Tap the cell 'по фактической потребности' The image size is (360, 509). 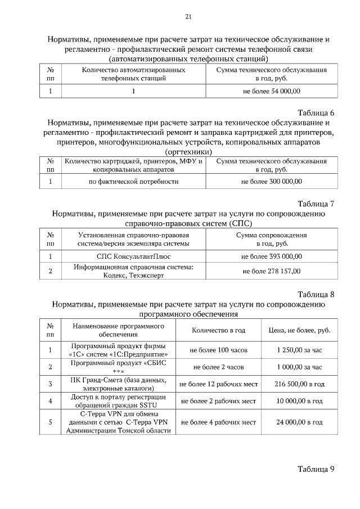pyautogui.click(x=134, y=182)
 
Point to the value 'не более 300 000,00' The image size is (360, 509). pyautogui.click(x=272, y=182)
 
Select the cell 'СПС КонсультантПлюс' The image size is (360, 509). pyautogui.click(x=134, y=256)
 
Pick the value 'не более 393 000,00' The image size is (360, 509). pyautogui.click(x=272, y=256)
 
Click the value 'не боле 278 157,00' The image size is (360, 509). pyautogui.click(x=272, y=271)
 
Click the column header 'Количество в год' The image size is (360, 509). pyautogui.click(x=219, y=330)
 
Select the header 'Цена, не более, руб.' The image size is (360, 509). pyautogui.click(x=299, y=330)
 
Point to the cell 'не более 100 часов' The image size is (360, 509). pyautogui.click(x=219, y=350)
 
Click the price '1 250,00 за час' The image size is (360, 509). pyautogui.click(x=299, y=350)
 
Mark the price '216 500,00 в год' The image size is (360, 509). pyautogui.click(x=299, y=384)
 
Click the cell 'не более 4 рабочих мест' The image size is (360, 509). pyautogui.click(x=219, y=422)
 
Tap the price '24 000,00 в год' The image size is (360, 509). pyautogui.click(x=299, y=422)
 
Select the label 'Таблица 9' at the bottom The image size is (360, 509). pyautogui.click(x=316, y=469)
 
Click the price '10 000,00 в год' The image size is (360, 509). pyautogui.click(x=299, y=401)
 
